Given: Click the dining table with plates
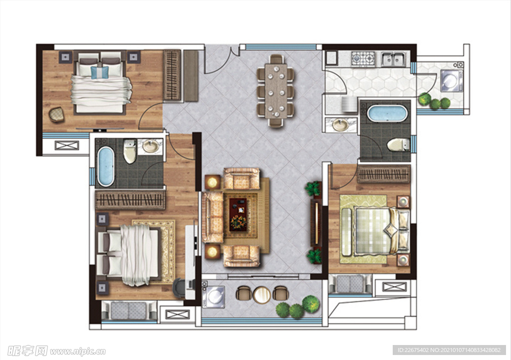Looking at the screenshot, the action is click(275, 91).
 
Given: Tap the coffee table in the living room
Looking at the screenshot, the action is click(238, 214).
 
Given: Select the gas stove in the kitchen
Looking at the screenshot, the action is click(363, 59).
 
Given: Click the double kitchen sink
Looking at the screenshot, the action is click(393, 59).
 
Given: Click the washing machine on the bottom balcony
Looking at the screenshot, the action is click(214, 297).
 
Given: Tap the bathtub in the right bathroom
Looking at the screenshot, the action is click(387, 113).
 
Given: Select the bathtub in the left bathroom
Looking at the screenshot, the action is click(106, 166).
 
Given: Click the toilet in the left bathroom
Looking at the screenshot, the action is click(130, 151).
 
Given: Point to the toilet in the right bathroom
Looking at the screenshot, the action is click(398, 145).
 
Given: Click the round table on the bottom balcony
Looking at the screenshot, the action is click(261, 295).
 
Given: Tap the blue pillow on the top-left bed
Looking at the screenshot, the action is click(100, 72).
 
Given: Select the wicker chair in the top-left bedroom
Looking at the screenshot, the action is click(57, 114).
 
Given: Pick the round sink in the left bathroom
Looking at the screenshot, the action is click(151, 146).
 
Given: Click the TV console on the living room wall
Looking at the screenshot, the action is click(315, 222).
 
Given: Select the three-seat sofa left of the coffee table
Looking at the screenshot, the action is click(212, 217).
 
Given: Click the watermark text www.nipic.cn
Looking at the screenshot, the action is click(78, 351).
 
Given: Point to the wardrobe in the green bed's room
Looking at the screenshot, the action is click(384, 174).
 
